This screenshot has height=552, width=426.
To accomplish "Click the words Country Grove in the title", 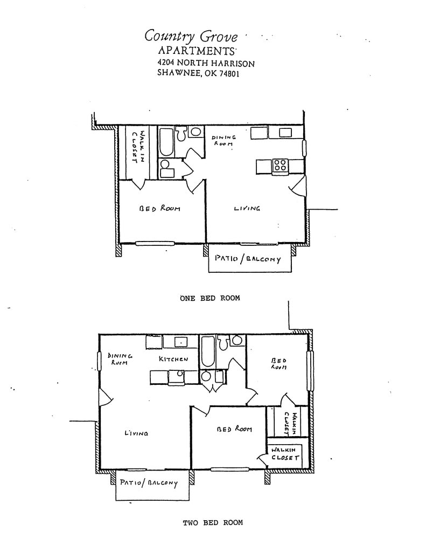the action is click(191, 37).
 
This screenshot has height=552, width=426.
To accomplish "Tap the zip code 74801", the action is click(226, 74).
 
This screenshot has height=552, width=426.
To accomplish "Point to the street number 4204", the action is click(167, 63).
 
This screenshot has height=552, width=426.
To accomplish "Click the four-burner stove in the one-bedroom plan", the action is click(280, 165).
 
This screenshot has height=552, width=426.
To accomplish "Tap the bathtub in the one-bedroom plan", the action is click(166, 141).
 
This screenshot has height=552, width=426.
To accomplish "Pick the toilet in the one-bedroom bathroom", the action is click(181, 133).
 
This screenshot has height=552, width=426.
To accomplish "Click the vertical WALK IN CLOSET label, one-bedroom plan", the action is click(138, 146).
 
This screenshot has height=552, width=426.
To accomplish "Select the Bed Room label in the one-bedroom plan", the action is click(159, 209).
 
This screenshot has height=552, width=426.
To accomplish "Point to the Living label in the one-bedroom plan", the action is click(247, 208).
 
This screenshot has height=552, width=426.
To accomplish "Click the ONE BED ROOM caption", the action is click(210, 298).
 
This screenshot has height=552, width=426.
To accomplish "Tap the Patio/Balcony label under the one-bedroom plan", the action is click(248, 259).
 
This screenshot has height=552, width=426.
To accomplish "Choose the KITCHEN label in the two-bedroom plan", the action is click(173, 359).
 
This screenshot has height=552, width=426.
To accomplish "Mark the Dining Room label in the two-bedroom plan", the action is click(120, 359).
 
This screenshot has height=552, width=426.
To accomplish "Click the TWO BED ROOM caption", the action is click(213, 522).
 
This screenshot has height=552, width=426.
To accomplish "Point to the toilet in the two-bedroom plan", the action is click(236, 340).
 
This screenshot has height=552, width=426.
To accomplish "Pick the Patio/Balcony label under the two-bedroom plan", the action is click(149, 483).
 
